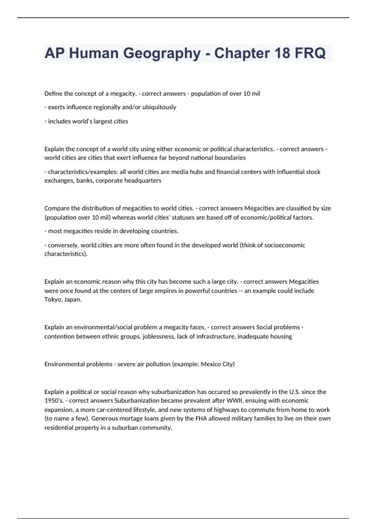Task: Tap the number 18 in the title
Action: [282, 53]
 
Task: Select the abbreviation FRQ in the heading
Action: [310, 53]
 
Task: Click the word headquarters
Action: [143, 181]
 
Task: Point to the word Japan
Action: [73, 300]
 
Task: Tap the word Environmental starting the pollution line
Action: [63, 365]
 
